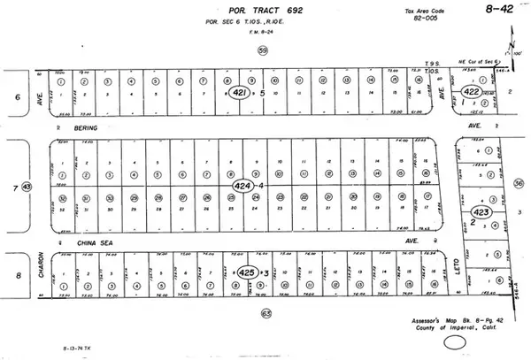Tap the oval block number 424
pyautogui.click(x=242, y=186)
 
